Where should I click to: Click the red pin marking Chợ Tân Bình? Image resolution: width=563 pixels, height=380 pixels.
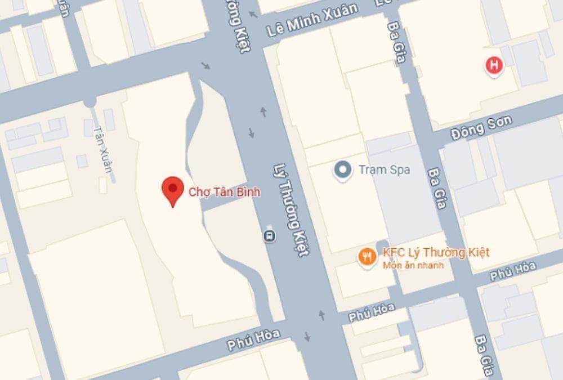coord(173,190)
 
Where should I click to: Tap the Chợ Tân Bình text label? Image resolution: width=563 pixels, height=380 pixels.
coord(224,192)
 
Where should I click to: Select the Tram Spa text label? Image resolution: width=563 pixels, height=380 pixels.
coord(384,169)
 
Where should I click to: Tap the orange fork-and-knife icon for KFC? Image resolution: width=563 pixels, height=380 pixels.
coord(367,257)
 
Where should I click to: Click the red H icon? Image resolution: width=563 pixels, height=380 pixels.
coord(494,65)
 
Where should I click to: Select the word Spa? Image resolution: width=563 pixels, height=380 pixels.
coord(400,169)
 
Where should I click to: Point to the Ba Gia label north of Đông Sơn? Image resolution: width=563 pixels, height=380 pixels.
coord(396,42)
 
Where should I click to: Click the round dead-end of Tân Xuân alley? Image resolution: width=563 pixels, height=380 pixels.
coord(90,102)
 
